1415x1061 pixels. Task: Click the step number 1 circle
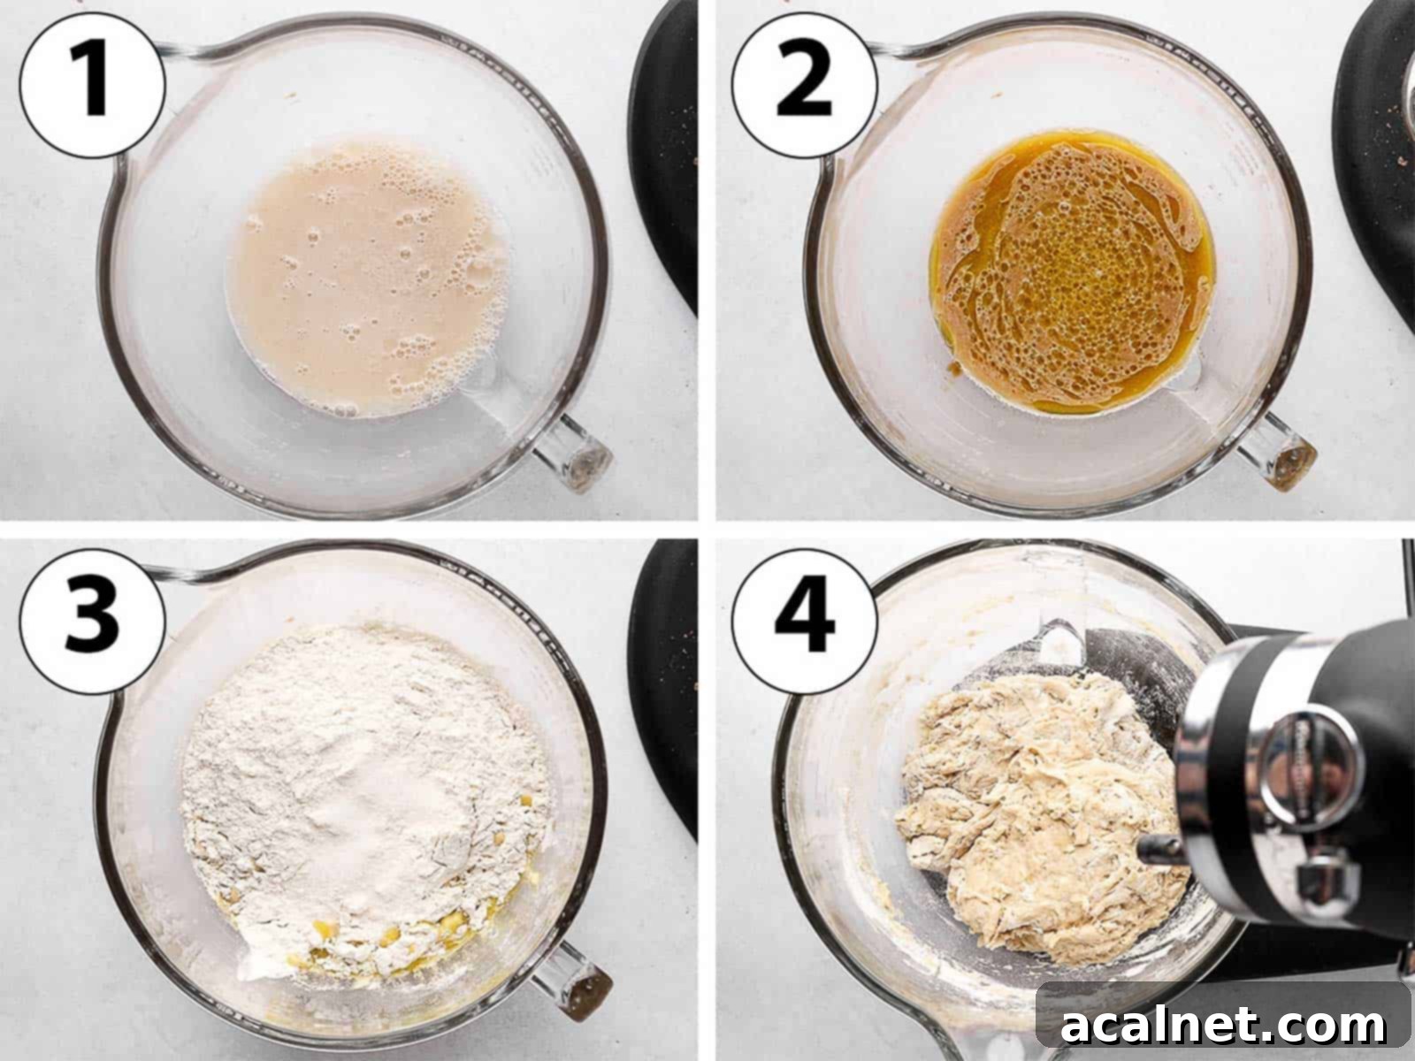(x=92, y=84)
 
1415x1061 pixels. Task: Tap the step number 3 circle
(x=92, y=614)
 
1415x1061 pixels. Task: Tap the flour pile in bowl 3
(x=354, y=778)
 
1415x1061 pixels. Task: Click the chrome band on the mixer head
(x=1203, y=778)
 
